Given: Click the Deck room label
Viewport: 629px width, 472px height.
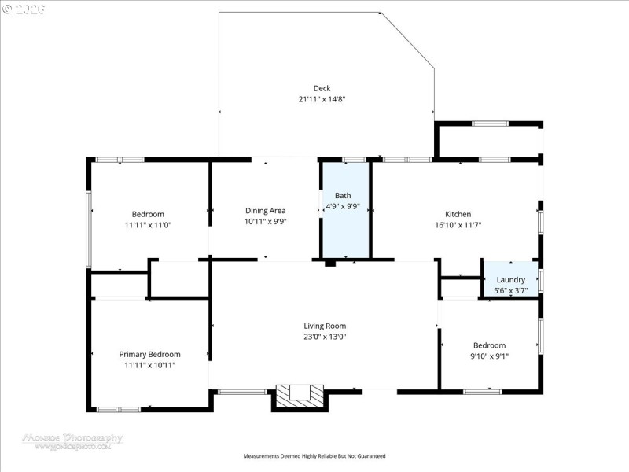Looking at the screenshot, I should (x=322, y=88).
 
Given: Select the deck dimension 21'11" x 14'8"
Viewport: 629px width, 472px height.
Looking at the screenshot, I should (x=322, y=100).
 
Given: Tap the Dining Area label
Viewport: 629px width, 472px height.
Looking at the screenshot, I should (x=265, y=210).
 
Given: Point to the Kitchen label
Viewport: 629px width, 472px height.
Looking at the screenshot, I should (x=458, y=214).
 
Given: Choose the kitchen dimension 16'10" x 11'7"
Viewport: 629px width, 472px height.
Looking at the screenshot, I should (x=458, y=225).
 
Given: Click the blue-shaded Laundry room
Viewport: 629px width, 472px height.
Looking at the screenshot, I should (x=510, y=280).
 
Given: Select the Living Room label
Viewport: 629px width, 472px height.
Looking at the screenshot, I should (x=325, y=326).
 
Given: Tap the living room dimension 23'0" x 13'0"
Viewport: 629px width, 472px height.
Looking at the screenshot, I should (x=325, y=337).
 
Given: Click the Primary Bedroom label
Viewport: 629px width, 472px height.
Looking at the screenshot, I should (x=149, y=354).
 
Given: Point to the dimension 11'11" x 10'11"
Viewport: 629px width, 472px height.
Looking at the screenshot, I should (x=149, y=365).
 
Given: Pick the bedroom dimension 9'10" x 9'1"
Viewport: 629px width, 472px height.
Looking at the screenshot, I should (x=489, y=356).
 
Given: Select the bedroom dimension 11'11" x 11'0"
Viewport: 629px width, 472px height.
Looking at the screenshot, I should (x=147, y=225).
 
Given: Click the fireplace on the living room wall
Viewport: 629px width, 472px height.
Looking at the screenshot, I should (x=300, y=396).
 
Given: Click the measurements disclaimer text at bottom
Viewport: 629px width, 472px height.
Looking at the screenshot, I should (x=314, y=456).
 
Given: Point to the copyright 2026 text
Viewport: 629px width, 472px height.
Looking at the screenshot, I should (x=24, y=9).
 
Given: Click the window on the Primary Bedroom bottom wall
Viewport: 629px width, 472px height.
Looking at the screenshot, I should (x=118, y=409).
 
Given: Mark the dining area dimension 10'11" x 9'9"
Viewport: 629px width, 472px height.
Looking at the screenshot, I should (x=265, y=221).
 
